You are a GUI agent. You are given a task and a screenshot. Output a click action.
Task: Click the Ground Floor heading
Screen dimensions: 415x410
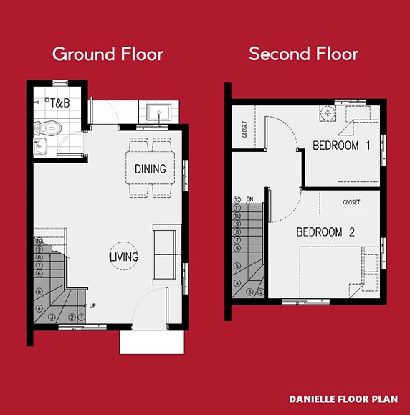108,54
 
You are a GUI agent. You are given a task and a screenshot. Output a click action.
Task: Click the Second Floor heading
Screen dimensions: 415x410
303,54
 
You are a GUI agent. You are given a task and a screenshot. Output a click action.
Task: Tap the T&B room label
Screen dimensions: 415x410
59,104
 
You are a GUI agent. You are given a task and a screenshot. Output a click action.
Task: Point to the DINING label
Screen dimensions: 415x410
151,169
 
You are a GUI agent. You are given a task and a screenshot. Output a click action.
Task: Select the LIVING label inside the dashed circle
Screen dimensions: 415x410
124,257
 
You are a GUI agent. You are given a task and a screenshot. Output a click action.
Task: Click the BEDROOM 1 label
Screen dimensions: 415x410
341,146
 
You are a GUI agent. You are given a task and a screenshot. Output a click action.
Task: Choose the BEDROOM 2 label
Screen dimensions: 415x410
325,232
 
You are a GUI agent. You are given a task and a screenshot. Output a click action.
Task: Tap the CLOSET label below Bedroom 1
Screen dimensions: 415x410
351,203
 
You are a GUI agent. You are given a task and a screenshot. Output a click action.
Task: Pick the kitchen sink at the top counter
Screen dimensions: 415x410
157,111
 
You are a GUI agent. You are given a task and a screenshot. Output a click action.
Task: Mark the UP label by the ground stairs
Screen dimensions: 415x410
92,306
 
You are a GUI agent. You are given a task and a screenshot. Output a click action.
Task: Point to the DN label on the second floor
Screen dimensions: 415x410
249,199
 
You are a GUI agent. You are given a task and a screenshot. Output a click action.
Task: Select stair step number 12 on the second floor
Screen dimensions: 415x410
237,199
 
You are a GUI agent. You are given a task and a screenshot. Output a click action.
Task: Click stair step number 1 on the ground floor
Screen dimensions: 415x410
82,317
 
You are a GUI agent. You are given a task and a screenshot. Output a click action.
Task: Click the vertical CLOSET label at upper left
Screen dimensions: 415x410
244,130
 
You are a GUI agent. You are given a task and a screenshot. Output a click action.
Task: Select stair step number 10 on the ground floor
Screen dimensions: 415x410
39,241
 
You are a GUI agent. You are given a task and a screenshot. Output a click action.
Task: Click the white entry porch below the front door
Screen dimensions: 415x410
147,342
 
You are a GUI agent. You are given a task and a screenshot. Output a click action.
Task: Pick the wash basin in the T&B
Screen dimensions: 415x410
41,147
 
